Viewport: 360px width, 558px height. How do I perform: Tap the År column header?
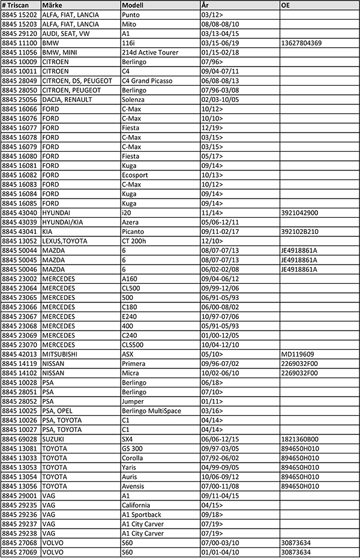click(x=205, y=5)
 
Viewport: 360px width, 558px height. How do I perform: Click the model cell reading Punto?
click(x=131, y=14)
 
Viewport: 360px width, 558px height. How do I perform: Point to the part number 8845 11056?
click(x=20, y=52)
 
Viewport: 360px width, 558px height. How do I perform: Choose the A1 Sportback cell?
click(x=141, y=514)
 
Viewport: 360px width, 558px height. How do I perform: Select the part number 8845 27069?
click(x=20, y=552)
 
